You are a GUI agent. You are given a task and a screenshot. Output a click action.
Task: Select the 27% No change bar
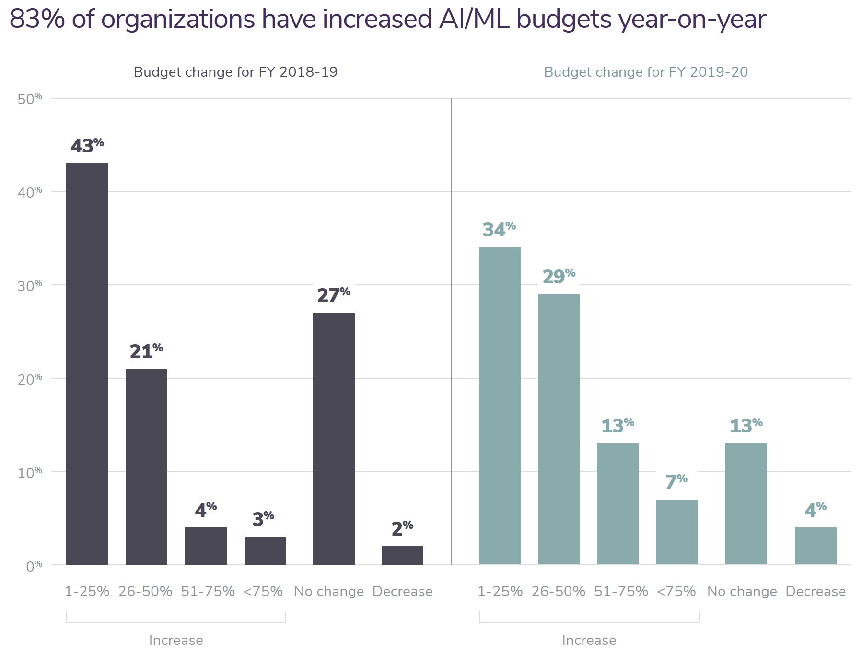point(334,438)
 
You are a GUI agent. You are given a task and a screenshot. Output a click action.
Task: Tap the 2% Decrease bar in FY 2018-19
point(402,555)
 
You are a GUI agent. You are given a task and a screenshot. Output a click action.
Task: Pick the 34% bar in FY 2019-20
point(500,406)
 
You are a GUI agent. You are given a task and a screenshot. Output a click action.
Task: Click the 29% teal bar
point(559,429)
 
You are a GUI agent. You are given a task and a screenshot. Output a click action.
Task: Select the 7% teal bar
point(676,532)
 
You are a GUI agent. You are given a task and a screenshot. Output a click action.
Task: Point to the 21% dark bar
point(146,466)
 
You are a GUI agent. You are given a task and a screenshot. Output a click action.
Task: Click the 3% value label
point(263,519)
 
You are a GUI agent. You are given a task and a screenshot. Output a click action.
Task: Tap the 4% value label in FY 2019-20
point(816,510)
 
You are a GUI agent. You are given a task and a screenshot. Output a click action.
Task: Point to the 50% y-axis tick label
point(30,99)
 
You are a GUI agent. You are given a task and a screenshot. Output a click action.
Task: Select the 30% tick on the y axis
point(30,286)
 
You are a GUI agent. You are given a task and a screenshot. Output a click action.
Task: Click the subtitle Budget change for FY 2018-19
point(235,72)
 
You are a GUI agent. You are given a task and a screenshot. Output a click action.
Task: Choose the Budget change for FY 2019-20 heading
point(645,72)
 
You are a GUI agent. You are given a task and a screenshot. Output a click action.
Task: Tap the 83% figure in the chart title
point(37,19)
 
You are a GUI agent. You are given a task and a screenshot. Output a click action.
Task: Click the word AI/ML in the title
point(474,19)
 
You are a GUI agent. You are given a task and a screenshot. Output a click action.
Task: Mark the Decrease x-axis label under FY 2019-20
point(815,591)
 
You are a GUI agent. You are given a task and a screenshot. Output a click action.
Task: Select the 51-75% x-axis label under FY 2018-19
point(208,591)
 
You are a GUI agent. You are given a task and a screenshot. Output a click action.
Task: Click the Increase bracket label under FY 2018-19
point(176,640)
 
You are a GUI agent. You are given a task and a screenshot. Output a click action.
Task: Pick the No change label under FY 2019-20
point(742,591)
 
